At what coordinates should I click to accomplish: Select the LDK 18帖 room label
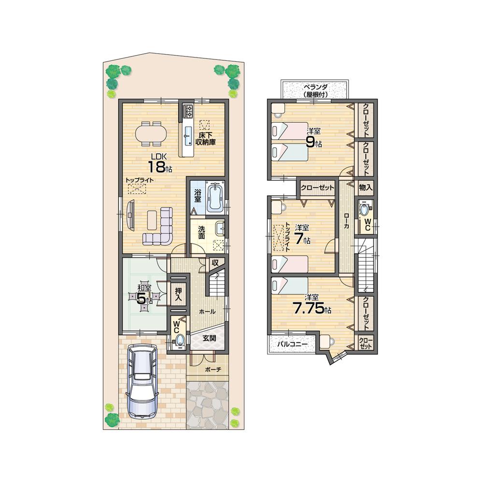point(157,163)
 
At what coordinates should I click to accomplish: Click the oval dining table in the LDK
point(151,133)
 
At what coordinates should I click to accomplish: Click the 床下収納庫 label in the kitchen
point(205,139)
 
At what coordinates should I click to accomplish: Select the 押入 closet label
point(178,295)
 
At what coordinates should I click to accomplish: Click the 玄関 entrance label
point(209,338)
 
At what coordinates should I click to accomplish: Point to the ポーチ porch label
point(213,370)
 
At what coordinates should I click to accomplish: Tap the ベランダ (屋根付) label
point(313,91)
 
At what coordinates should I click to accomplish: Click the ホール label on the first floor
point(208,312)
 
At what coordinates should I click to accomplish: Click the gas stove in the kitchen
point(187,114)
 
